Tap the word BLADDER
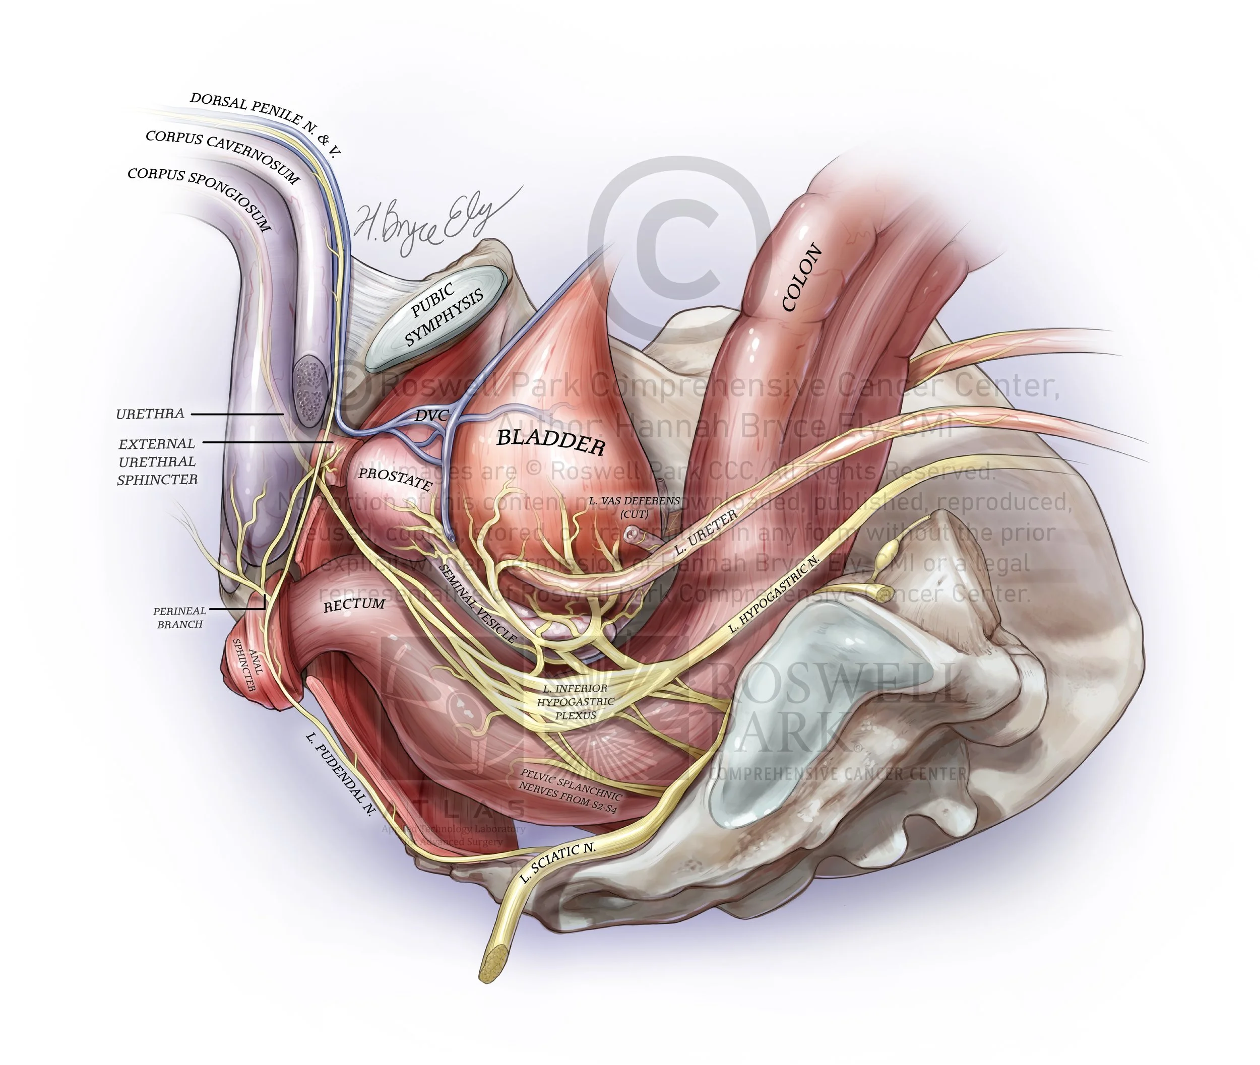(x=550, y=442)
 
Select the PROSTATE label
(x=396, y=479)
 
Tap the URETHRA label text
(x=150, y=414)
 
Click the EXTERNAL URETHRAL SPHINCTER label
(x=157, y=461)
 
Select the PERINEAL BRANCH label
(x=179, y=618)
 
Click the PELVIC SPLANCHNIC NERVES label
(x=570, y=791)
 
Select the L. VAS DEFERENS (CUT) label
(x=634, y=507)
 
